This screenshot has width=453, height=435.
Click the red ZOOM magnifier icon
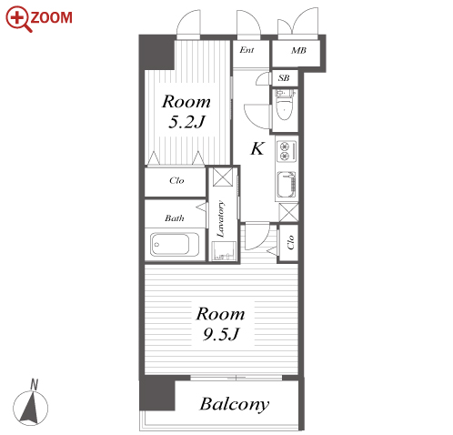pyautogui.click(x=18, y=19)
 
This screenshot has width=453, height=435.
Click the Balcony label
pyautogui.click(x=235, y=404)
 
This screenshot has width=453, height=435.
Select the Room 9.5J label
pyautogui.click(x=220, y=324)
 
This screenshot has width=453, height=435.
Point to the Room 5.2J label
pyautogui.click(x=186, y=111)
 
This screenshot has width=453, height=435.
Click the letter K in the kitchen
pyautogui.click(x=257, y=148)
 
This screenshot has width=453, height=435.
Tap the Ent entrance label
pyautogui.click(x=247, y=50)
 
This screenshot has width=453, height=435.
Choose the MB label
pyautogui.click(x=298, y=50)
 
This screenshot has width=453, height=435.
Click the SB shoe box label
pyautogui.click(x=284, y=78)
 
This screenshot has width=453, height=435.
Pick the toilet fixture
pyautogui.click(x=285, y=105)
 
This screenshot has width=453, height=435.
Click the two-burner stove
pyautogui.click(x=286, y=151)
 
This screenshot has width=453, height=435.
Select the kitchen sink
pyautogui.click(x=287, y=185)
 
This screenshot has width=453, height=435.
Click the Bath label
pyautogui.click(x=175, y=217)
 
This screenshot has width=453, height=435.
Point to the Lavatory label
pyautogui.click(x=221, y=218)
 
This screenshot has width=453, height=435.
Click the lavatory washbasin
pyautogui.click(x=224, y=250)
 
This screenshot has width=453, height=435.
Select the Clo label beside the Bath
pyautogui.click(x=176, y=180)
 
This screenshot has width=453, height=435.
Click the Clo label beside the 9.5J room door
pyautogui.click(x=290, y=242)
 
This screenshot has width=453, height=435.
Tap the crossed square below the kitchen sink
pyautogui.click(x=288, y=212)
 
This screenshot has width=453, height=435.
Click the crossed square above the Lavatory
pyautogui.click(x=223, y=177)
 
